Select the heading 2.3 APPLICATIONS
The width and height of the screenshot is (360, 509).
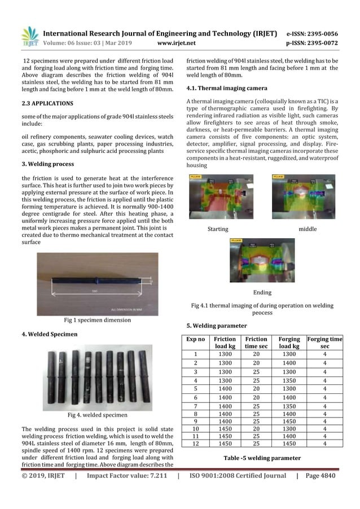(47, 103)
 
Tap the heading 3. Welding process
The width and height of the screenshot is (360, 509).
(47, 164)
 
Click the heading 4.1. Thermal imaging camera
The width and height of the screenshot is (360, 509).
(222, 89)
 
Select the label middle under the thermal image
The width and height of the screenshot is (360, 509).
(307, 229)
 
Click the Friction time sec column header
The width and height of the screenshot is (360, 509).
(256, 343)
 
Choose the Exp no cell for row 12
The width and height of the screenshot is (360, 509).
(195, 444)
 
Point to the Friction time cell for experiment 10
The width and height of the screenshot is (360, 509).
(256, 428)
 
